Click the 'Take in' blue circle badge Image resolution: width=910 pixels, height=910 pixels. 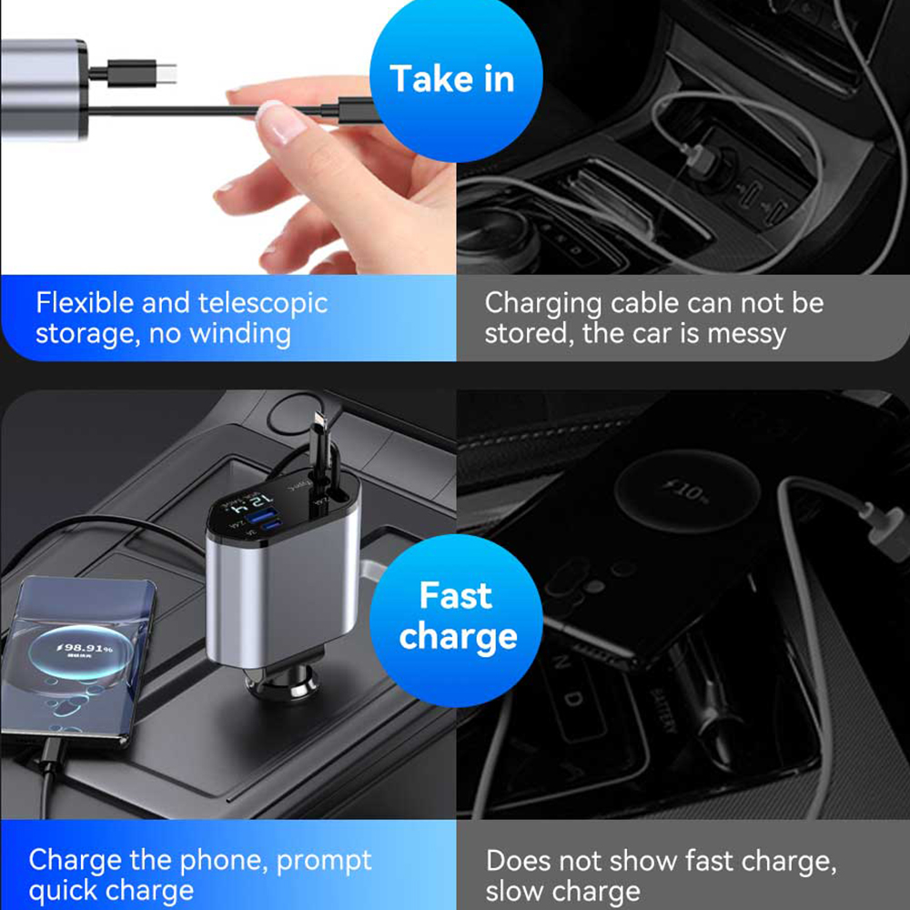click(452, 79)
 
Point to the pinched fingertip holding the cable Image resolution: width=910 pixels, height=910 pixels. click(273, 118)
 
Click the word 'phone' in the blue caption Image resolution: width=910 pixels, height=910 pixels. click(221, 860)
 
